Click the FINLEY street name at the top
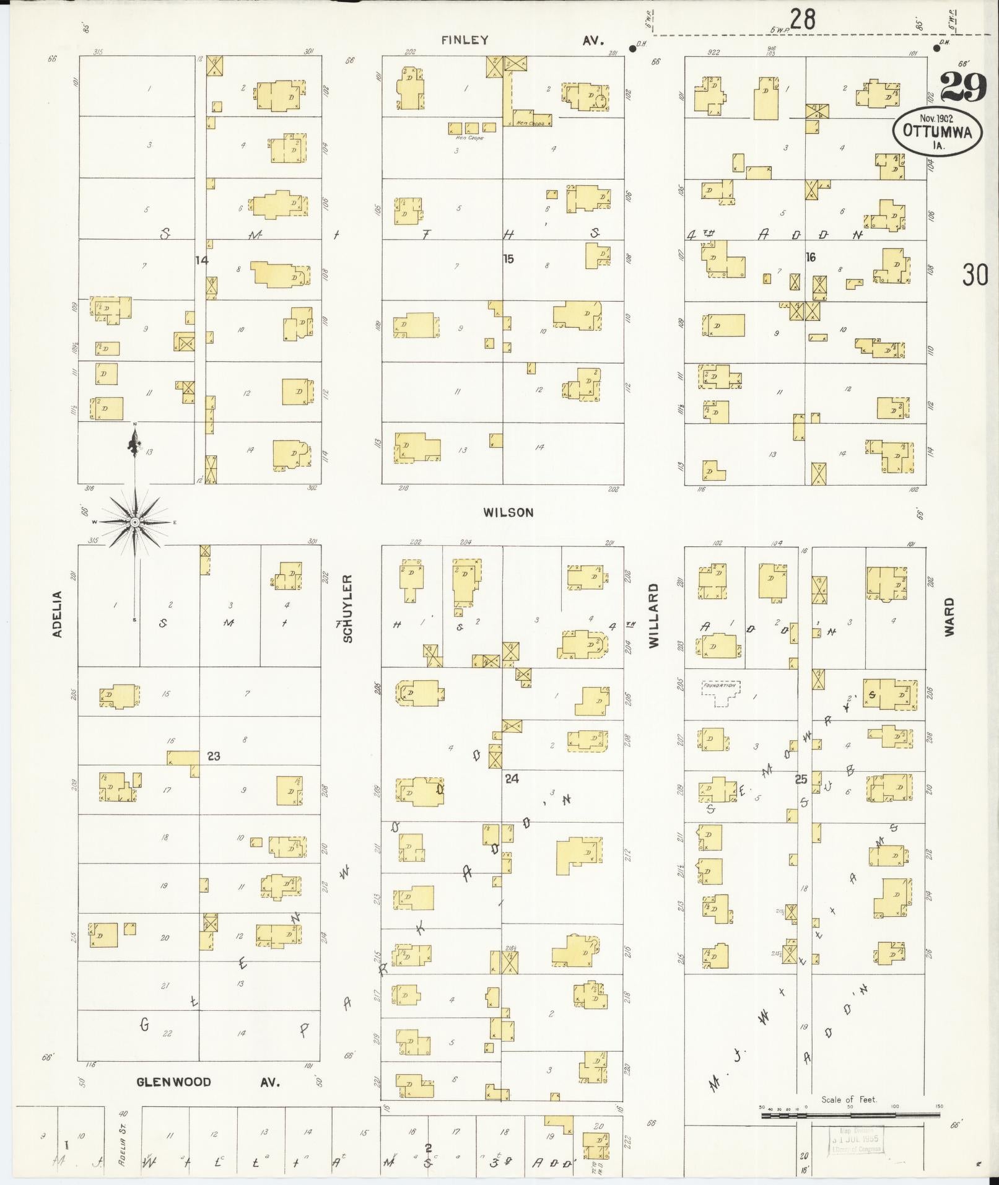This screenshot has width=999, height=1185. coord(465,40)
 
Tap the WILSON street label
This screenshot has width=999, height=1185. coord(508,512)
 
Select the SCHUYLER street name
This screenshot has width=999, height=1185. coord(348,608)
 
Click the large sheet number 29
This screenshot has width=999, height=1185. coord(963,87)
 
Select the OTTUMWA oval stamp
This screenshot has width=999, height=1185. coord(937,131)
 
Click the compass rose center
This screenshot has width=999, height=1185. coord(134,522)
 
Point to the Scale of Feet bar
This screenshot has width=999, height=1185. coord(848,1116)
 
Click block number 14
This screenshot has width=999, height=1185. coord(201,260)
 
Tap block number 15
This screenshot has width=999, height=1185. coord(508,259)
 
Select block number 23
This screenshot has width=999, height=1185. coord(214,756)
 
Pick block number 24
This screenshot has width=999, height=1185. coord(512,779)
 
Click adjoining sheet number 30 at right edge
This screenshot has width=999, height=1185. coord(975,274)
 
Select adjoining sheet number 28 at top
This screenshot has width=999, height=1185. coord(802,20)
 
